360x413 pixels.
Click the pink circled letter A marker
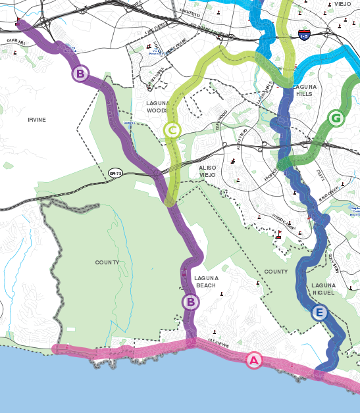[x=253, y=360]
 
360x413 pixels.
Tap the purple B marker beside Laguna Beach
[x=190, y=302]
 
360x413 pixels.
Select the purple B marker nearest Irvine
[x=80, y=74]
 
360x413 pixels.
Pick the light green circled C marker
[x=172, y=130]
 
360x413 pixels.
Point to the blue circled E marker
[x=319, y=312]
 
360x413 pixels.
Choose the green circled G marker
[x=336, y=118]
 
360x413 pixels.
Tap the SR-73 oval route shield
[x=116, y=173]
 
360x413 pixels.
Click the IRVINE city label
[x=37, y=120]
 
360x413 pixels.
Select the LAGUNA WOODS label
[x=158, y=107]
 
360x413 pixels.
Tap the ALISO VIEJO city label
[x=207, y=172]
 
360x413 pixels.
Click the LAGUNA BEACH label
[x=206, y=281]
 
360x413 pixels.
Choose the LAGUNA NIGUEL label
[x=323, y=289]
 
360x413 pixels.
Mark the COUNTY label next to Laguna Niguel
[x=276, y=272]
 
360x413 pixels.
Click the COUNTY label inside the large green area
[x=107, y=262]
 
